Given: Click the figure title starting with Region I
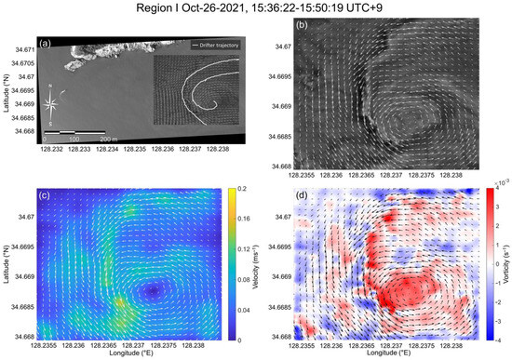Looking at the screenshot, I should tap(256, 10).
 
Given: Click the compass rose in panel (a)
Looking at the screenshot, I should tap(52, 103).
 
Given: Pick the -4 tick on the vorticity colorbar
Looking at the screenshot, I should tap(488, 340).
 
